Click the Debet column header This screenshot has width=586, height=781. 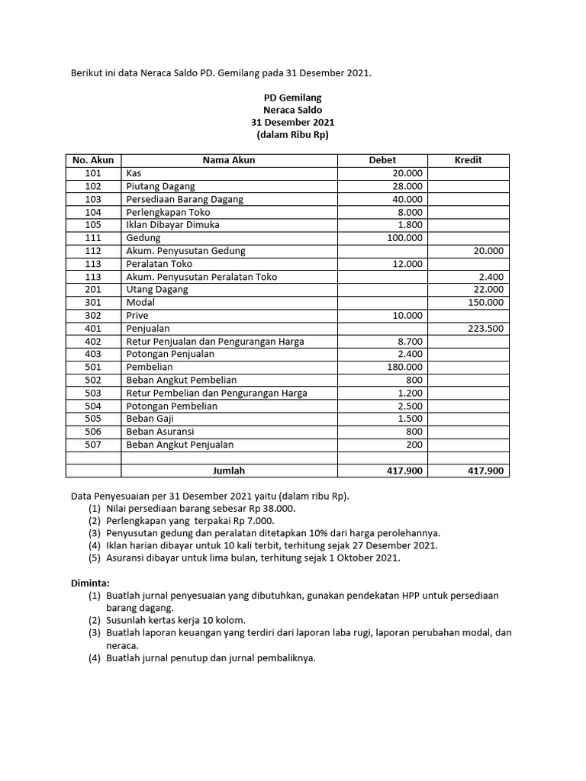(382, 160)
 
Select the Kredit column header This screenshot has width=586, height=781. (468, 160)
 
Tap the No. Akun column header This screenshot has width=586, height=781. (93, 160)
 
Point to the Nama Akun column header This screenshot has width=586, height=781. (229, 160)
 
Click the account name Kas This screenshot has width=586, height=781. (134, 173)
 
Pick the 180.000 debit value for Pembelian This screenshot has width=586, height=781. (404, 367)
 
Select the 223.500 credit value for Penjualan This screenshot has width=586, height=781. (485, 328)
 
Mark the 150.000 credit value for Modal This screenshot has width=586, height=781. (485, 302)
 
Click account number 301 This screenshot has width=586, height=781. (93, 302)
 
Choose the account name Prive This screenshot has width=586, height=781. (137, 315)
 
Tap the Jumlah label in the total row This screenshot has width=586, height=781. (229, 471)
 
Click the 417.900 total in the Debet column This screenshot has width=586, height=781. (404, 471)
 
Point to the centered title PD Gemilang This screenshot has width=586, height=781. (292, 98)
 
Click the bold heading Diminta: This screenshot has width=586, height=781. (91, 583)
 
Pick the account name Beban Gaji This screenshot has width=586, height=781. (149, 419)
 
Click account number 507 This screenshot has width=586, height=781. (93, 445)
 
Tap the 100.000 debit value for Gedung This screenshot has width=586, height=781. (404, 238)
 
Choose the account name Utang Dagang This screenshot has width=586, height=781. (156, 289)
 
